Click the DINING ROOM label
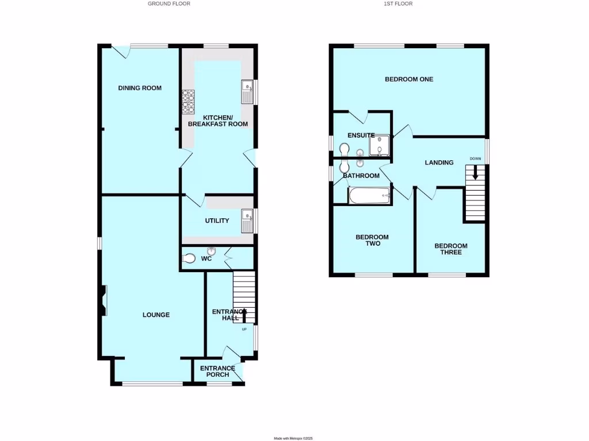140,88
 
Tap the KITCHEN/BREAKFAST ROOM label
218,120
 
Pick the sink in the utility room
248,220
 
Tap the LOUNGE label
156,315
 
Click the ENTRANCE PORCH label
217,372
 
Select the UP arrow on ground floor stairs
244,315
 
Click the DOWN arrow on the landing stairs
475,172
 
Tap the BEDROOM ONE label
409,79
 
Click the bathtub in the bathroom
369,196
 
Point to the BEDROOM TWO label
372,240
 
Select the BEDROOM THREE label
450,249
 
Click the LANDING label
439,163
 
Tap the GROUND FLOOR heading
169,3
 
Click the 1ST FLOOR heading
398,3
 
